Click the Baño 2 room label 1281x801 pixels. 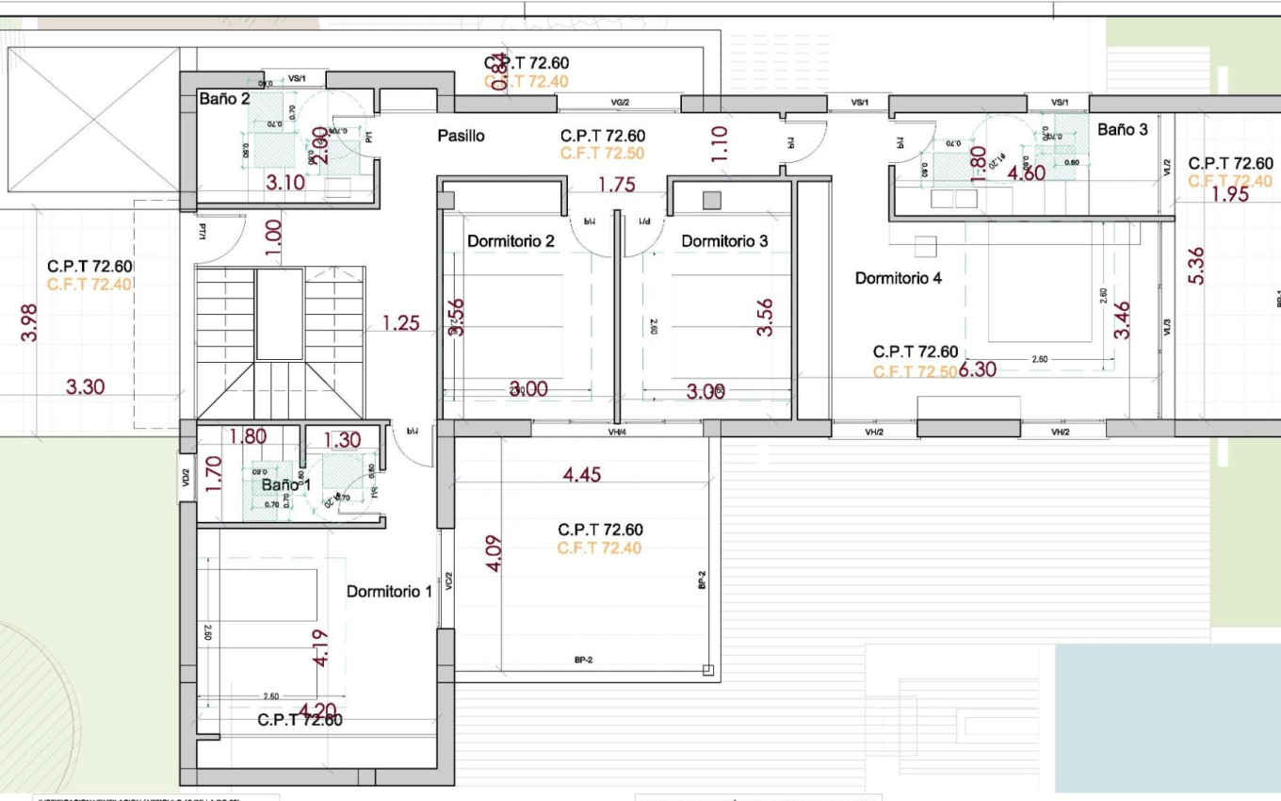(x=224, y=98)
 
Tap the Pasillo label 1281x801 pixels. (x=461, y=136)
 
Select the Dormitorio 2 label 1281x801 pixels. (x=511, y=241)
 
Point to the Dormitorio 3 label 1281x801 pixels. (x=724, y=241)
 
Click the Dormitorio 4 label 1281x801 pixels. (x=898, y=278)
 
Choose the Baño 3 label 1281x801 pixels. (x=1122, y=130)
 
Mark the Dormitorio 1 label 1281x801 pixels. (x=389, y=592)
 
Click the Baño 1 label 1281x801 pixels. (x=285, y=484)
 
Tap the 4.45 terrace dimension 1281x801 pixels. (x=581, y=475)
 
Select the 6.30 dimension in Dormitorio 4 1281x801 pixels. (x=978, y=370)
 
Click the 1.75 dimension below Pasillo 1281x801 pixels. (x=616, y=186)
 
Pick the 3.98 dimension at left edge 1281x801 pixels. (x=29, y=322)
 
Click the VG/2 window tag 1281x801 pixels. (x=620, y=102)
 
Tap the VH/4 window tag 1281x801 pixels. (x=618, y=433)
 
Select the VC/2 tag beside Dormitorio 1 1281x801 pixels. (x=449, y=582)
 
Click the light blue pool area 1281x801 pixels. (x=1166, y=716)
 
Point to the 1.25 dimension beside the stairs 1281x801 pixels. (x=400, y=324)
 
